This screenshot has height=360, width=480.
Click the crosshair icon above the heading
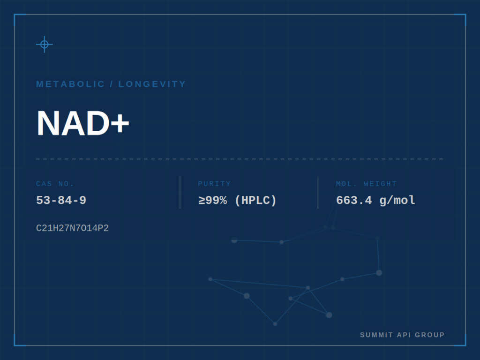tap(45, 45)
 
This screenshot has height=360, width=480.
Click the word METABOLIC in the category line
tap(70, 84)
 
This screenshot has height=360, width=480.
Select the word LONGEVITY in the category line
tap(152, 84)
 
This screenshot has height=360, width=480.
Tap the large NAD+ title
tap(82, 123)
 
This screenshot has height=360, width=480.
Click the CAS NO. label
tap(55, 184)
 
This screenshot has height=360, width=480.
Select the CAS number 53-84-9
tap(61, 200)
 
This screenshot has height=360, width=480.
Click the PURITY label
tap(214, 184)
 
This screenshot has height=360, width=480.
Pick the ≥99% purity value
tap(213, 200)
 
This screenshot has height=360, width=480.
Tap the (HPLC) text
tap(255, 201)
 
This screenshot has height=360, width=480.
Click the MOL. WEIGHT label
tap(366, 184)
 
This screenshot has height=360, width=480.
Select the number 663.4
tap(354, 200)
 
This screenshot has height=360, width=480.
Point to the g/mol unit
tap(397, 201)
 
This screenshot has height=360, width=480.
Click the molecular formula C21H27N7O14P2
tap(72, 228)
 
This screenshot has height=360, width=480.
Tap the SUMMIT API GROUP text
tap(402, 335)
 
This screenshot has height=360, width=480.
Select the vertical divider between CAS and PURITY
tap(180, 193)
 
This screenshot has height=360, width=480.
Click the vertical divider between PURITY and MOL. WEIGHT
tap(318, 193)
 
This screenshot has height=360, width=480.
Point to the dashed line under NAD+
tap(240, 159)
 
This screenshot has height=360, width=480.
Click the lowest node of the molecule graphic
tap(275, 324)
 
